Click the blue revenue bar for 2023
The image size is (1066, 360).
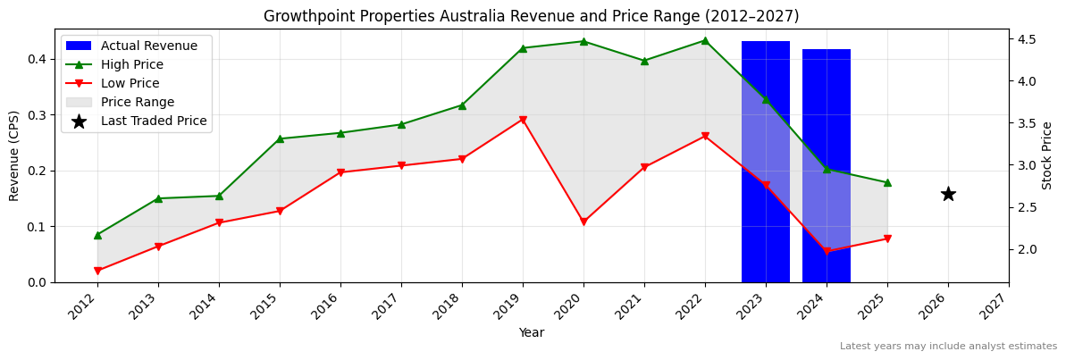tap(766, 162)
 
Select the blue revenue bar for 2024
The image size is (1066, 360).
tap(827, 166)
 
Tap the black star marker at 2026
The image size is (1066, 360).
tap(948, 194)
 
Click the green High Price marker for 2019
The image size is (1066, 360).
tap(523, 48)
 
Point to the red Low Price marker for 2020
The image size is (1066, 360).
tap(583, 222)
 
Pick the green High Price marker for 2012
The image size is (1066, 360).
tap(97, 235)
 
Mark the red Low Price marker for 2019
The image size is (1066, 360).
tap(523, 120)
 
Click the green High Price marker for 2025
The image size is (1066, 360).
tap(887, 182)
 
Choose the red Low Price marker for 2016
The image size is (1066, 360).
tap(340, 172)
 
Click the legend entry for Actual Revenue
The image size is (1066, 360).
tap(135, 46)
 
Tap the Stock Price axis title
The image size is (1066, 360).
tap(1047, 155)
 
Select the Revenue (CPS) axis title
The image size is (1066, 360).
tap(14, 155)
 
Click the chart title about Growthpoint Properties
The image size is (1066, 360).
tap(531, 16)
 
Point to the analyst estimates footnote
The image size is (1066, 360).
tap(948, 347)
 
